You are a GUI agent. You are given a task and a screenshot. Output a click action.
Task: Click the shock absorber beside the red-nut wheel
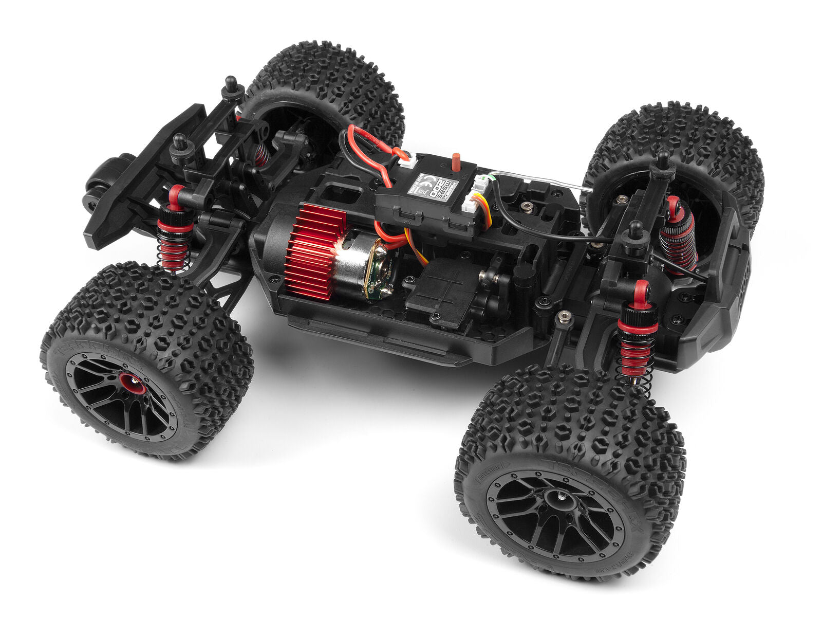click(175, 231)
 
